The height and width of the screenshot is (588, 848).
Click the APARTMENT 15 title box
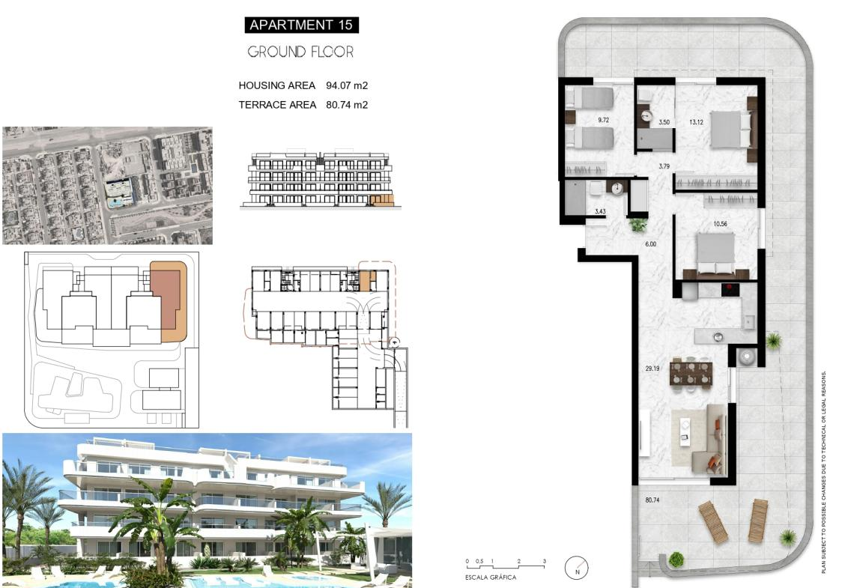[x=301, y=25]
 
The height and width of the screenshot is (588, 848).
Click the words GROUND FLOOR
[x=300, y=52]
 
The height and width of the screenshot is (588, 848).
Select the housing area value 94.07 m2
[x=347, y=85]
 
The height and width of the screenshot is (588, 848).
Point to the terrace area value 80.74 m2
[x=347, y=105]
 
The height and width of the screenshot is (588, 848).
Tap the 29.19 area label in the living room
[x=652, y=369]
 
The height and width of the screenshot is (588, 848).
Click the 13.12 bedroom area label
[x=696, y=122]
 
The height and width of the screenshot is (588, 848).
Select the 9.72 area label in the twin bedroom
[x=604, y=120]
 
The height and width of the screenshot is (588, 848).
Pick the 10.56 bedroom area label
[x=721, y=224]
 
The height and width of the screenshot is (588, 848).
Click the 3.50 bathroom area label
[x=664, y=122]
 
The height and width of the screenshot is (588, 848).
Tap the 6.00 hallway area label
[x=650, y=244]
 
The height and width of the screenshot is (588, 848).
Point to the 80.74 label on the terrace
[x=652, y=500]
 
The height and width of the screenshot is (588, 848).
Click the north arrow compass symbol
[x=577, y=568]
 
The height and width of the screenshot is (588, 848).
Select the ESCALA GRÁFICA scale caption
[x=491, y=578]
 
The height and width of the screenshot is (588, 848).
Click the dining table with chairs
[x=691, y=373]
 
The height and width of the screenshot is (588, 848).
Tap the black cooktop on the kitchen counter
[x=730, y=289]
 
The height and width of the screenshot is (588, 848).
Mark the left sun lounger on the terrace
[x=713, y=522]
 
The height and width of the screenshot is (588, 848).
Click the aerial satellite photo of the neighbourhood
[x=108, y=186]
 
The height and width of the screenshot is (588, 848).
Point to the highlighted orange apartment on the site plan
[x=168, y=302]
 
